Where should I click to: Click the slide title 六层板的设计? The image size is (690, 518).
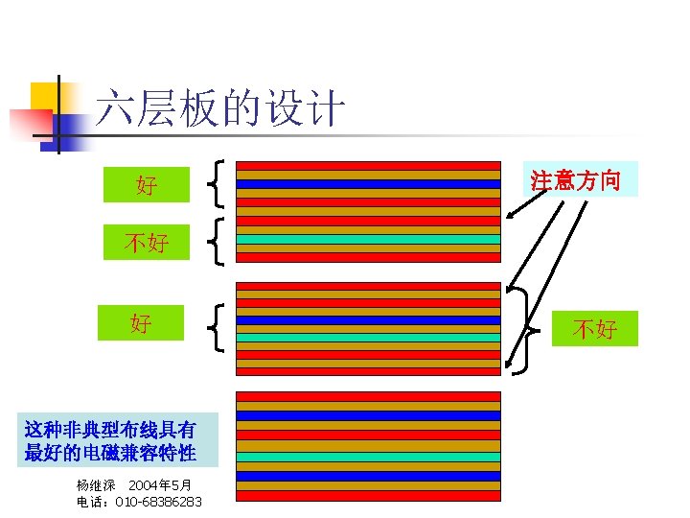[x=219, y=109]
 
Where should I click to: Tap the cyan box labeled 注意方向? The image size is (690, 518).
[x=583, y=179]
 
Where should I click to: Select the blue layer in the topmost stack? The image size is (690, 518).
[x=368, y=184]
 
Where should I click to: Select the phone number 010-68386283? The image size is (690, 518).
[x=158, y=502]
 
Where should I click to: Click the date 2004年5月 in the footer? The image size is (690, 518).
[x=160, y=485]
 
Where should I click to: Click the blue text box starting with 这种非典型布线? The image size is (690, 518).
[x=110, y=440]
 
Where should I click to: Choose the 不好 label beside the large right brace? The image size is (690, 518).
[x=594, y=329]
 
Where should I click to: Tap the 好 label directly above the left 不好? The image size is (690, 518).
[x=147, y=184]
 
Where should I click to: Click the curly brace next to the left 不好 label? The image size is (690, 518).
[x=218, y=242]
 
